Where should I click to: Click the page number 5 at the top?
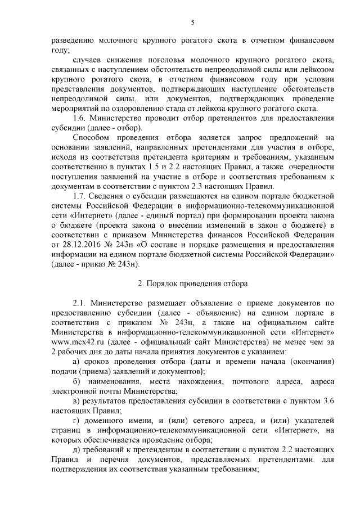coord(192,22)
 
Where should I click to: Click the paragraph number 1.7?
coord(80,196)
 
